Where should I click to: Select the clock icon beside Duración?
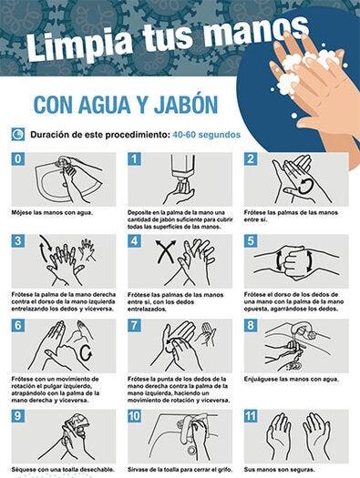[18, 135]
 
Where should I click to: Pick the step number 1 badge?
[135, 159]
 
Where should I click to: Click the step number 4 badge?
[135, 242]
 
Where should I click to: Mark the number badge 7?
[135, 325]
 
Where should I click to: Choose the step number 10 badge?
[136, 416]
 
